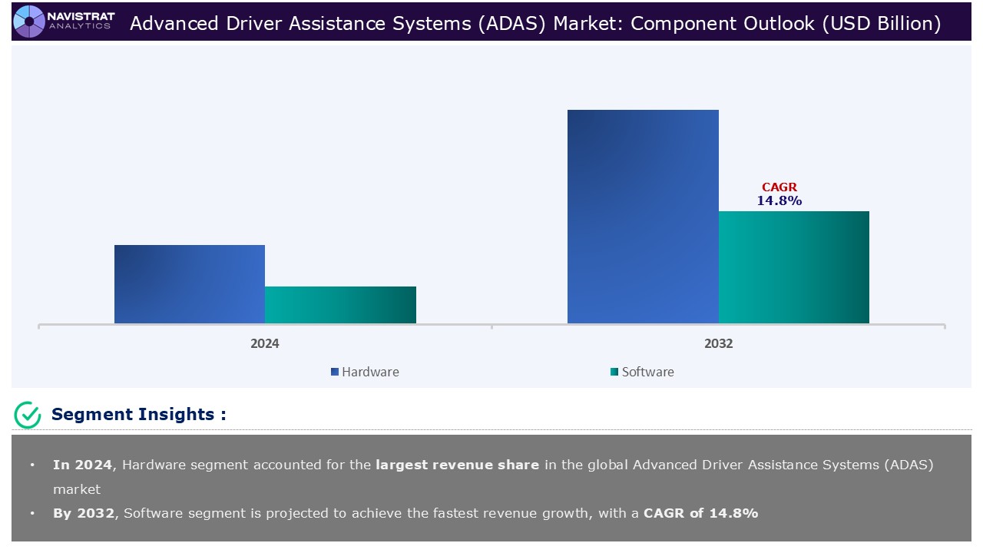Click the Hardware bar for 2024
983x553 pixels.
pos(190,284)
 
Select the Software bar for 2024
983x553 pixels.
pos(340,305)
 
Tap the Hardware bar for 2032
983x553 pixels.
pos(643,217)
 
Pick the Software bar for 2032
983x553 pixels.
pos(794,267)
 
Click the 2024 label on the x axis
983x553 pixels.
pos(265,343)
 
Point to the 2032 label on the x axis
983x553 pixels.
pos(718,343)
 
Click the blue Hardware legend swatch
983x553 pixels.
pos(335,373)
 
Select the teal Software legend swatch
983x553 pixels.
pos(614,373)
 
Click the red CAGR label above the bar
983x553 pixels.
pos(779,187)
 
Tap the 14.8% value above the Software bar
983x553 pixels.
pos(779,200)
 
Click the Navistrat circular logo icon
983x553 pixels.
pos(29,22)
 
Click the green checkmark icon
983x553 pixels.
pos(28,415)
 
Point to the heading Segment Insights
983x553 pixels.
pos(138,415)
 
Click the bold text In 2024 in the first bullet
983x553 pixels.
pos(82,465)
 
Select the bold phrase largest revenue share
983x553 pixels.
pos(457,465)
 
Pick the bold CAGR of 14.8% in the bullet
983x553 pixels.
pos(700,513)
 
